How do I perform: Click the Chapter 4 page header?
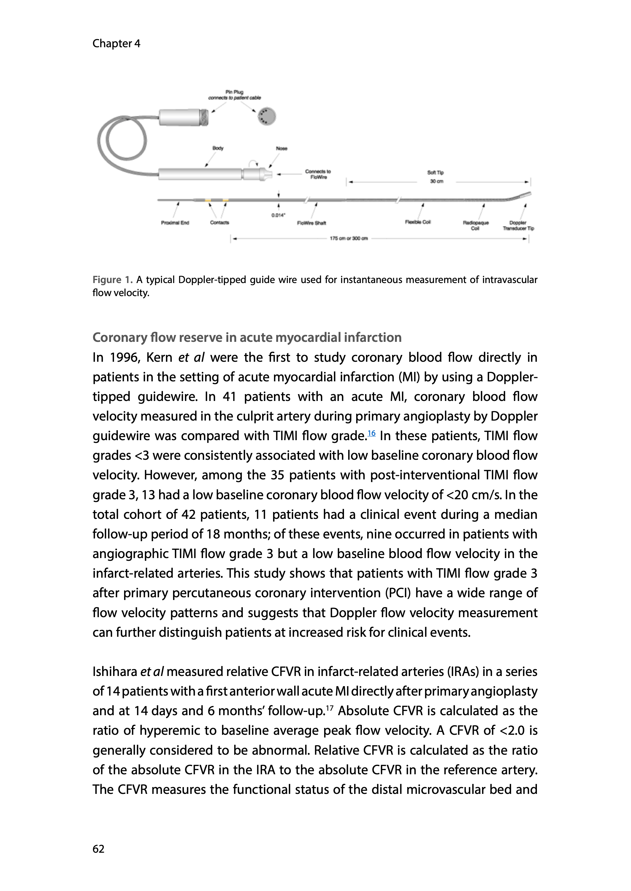coord(116,44)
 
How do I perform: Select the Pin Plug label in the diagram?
coord(234,92)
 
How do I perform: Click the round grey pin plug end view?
coord(267,116)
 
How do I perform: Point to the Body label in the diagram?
coord(218,148)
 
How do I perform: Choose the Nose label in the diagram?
coord(281,148)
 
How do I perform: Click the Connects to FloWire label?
coord(318,174)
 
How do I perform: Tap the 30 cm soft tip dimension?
coord(436,181)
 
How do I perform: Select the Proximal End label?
coord(175,223)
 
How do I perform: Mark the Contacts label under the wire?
coord(220,222)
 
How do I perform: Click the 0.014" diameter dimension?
coord(278,215)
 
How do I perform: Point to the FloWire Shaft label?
coord(311,223)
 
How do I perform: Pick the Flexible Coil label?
coord(418,222)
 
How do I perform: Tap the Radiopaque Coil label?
coord(475,225)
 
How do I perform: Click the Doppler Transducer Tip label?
coord(518,225)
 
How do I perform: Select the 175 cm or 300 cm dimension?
coord(348,238)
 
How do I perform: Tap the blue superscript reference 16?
coord(372,433)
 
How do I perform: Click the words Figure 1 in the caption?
coord(112,280)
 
